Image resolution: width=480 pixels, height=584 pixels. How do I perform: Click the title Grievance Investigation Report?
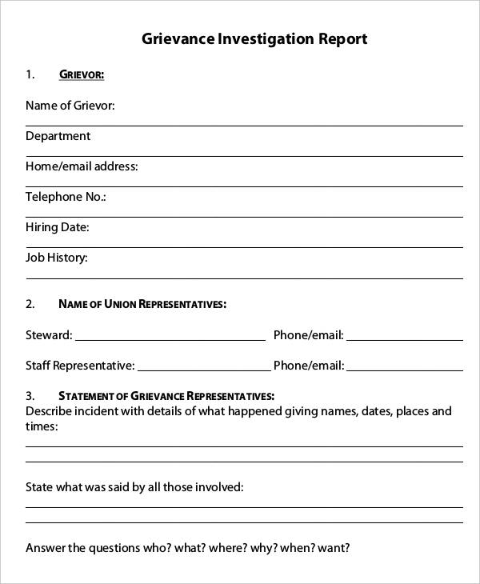(254, 38)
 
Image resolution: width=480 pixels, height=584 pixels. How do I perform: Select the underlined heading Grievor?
(82, 75)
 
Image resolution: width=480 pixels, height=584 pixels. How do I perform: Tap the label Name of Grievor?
(70, 106)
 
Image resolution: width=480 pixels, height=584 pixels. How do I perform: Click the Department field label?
(58, 136)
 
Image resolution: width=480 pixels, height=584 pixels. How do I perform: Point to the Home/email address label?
(82, 166)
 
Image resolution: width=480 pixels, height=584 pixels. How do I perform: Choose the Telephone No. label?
(66, 197)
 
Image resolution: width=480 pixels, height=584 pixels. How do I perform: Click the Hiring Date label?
(57, 227)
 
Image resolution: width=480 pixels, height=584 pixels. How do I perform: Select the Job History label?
(57, 258)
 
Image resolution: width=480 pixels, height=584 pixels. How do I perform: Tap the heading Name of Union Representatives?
(142, 304)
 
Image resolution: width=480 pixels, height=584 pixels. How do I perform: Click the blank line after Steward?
(170, 337)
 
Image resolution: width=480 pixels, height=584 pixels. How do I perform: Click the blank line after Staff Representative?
(203, 367)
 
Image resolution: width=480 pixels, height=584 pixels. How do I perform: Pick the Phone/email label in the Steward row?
(309, 335)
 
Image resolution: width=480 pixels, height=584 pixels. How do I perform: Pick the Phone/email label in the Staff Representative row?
(309, 366)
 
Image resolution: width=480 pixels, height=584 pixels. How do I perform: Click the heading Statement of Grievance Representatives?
(166, 396)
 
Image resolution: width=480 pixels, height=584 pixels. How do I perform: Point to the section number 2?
(30, 304)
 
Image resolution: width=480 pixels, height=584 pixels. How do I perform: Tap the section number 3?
(30, 396)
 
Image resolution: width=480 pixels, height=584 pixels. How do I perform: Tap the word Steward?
(48, 335)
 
